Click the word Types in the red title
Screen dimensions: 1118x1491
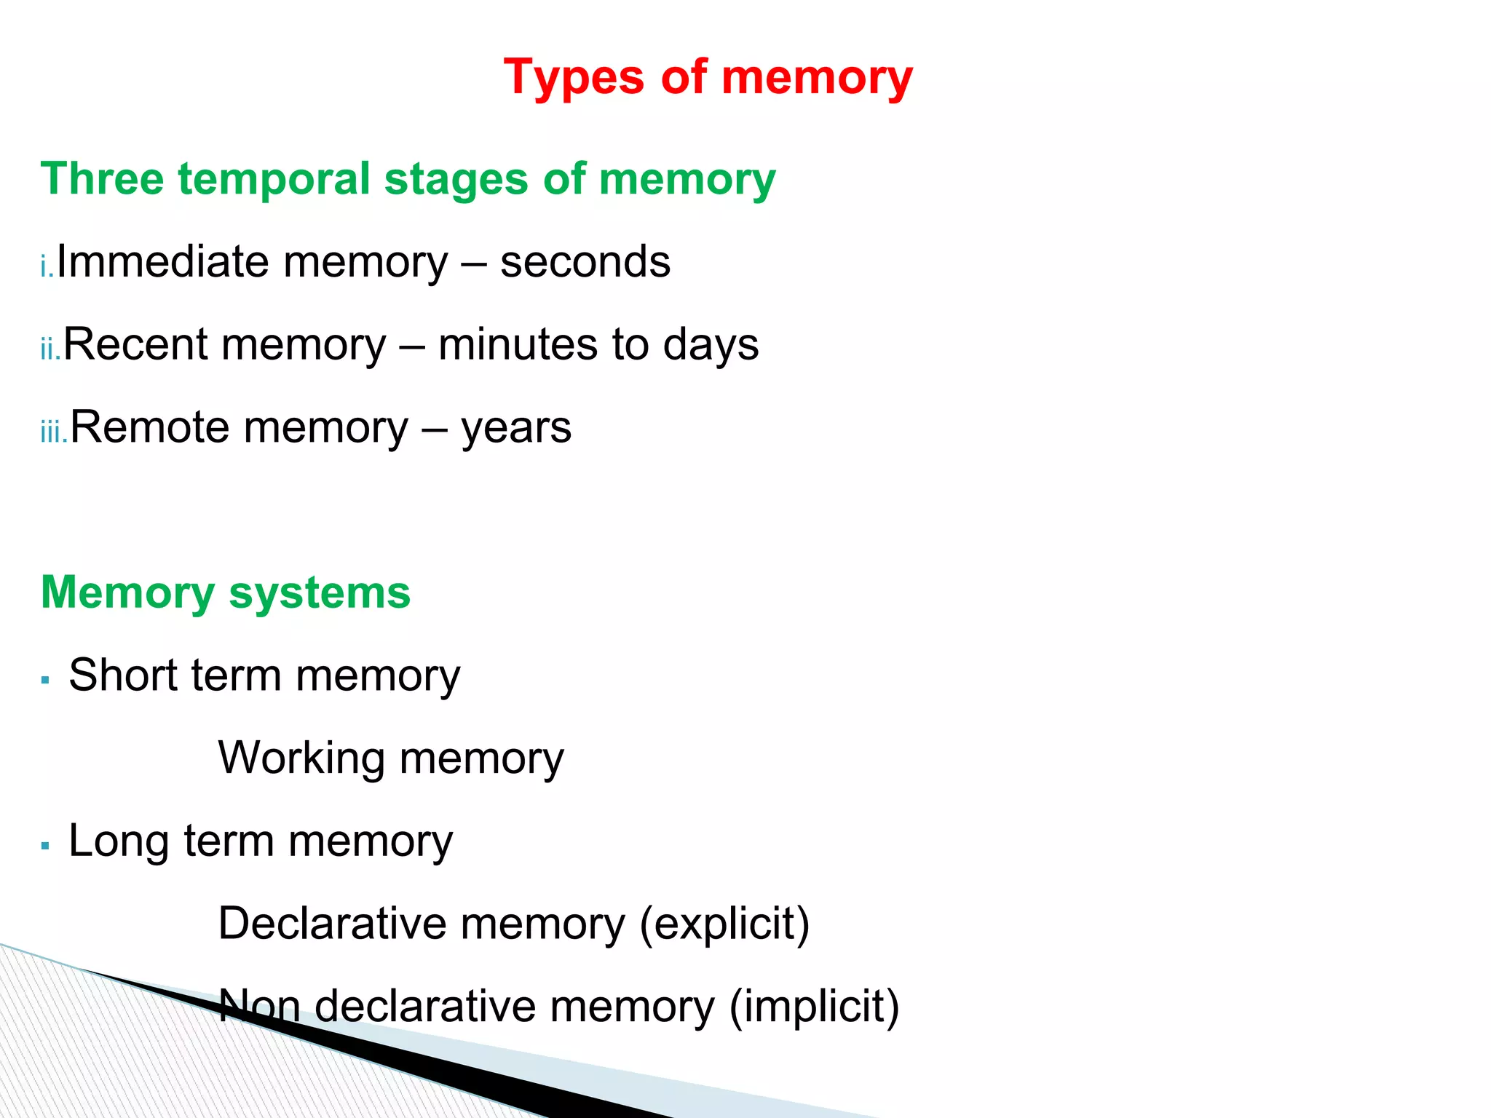[x=574, y=78]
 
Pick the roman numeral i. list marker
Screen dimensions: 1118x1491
[x=47, y=267]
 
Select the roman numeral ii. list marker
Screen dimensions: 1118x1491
[x=51, y=349]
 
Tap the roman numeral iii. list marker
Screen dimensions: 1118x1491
[x=55, y=432]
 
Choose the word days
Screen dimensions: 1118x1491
[x=711, y=346]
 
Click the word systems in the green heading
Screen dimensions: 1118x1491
[x=320, y=593]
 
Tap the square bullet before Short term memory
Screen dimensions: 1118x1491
[x=46, y=681]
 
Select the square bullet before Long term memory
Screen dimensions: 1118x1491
[x=46, y=846]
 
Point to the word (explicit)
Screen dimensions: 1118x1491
[x=724, y=924]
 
